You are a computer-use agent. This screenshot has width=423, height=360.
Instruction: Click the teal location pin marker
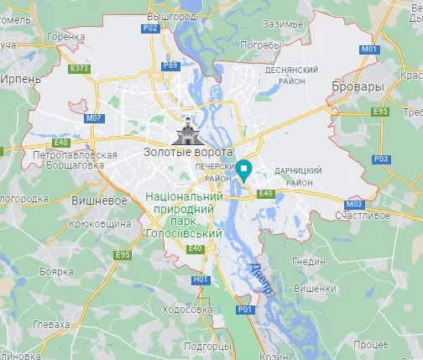[x=244, y=170]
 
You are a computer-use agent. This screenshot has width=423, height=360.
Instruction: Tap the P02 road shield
[x=150, y=28]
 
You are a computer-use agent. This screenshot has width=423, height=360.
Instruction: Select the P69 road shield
[x=171, y=65]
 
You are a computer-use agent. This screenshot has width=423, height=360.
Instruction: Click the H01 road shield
[x=200, y=279]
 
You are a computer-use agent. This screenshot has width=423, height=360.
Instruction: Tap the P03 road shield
[x=381, y=159]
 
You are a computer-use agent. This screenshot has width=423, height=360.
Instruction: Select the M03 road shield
[x=353, y=203]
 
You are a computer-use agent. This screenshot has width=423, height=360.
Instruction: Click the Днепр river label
[x=261, y=278]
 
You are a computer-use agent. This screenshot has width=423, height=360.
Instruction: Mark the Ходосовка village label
[x=185, y=309]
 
